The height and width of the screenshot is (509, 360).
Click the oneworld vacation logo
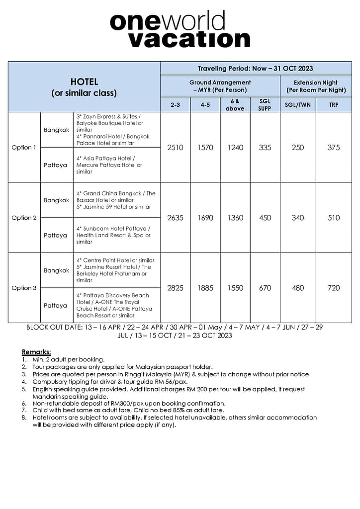tap(180, 30)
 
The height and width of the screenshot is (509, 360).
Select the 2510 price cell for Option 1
tap(175, 148)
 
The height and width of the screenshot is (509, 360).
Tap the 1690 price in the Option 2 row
tap(205, 218)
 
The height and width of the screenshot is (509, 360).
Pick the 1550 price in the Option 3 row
tap(235, 288)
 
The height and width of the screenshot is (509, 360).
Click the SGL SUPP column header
tap(265, 105)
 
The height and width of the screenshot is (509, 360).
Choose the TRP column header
tap(334, 105)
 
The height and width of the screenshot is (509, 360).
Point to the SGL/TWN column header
tap(298, 105)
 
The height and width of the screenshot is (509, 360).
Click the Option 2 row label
tap(24, 218)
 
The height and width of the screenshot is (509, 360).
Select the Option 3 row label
tap(24, 288)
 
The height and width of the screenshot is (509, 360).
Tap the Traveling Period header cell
tap(255, 69)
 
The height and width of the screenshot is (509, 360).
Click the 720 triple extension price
tap(334, 288)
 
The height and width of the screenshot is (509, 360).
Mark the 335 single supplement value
tap(265, 148)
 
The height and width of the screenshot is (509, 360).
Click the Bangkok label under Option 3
tap(57, 270)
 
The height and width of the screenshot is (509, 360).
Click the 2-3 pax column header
tap(175, 105)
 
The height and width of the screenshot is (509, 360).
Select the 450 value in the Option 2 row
tap(265, 218)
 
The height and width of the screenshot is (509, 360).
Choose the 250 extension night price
tap(298, 148)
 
